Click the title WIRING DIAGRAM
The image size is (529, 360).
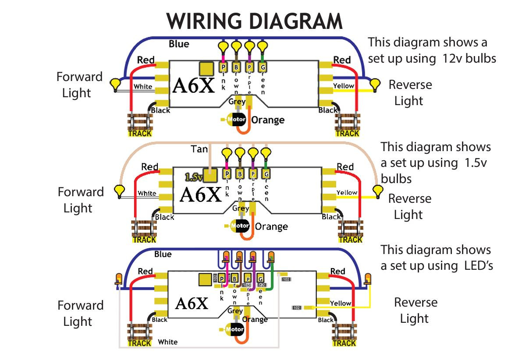tap(254, 21)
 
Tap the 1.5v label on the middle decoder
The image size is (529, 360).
tap(193, 177)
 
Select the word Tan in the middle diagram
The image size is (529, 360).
tap(199, 149)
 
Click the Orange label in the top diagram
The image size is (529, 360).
tap(268, 120)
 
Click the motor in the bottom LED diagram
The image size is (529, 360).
tap(235, 329)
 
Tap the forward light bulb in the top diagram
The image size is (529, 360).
tap(115, 84)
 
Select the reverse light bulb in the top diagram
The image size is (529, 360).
tap(375, 84)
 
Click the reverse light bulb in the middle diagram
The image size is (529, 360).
tap(377, 191)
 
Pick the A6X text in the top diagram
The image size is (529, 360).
tap(193, 86)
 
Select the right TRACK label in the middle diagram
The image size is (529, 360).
tap(350, 240)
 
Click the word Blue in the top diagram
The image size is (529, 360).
tap(179, 44)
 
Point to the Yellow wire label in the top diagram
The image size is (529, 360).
tap(343, 86)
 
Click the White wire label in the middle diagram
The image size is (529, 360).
tap(147, 193)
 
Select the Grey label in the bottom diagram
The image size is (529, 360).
tap(235, 311)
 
